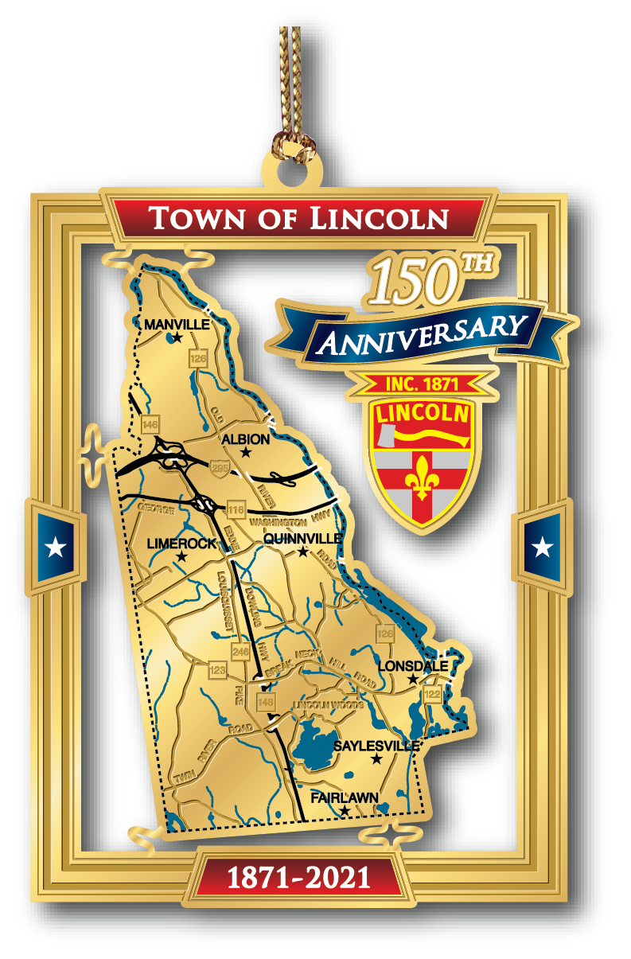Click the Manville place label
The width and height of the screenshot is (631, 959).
coord(177,325)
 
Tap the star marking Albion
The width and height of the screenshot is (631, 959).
coord(246,453)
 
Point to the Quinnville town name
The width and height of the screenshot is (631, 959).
coord(302,539)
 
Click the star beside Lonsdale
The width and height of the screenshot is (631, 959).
coord(412,680)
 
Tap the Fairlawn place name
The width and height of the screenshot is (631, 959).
coord(345,797)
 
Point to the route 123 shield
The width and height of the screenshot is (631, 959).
coord(217,669)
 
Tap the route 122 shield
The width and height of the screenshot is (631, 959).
coord(432,694)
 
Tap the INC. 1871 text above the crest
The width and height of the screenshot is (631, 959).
coord(422,384)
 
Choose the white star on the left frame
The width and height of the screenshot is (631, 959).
coord(56,547)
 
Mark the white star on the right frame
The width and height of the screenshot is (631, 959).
coord(543,547)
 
